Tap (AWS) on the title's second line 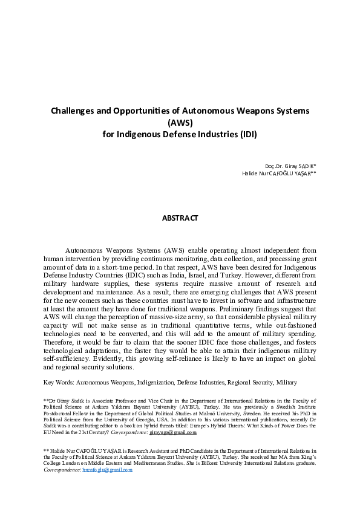[x=180, y=122]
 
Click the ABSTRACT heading [x=180, y=217]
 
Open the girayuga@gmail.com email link [x=173, y=433]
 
